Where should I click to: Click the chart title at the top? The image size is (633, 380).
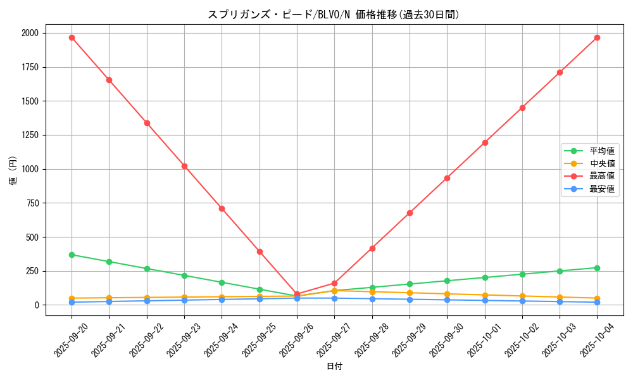tap(334, 15)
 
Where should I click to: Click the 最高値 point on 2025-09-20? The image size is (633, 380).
tap(72, 37)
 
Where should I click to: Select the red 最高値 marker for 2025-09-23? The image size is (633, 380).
tap(184, 166)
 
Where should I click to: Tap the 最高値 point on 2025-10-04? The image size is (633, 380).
tap(597, 37)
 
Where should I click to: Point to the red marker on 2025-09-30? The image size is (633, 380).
tap(447, 178)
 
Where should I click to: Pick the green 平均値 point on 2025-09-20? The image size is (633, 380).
tap(72, 255)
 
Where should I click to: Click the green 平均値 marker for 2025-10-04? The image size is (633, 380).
tap(597, 268)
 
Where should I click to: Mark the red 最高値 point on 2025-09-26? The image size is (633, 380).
tap(297, 294)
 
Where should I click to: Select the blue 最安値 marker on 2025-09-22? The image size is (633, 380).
tap(147, 301)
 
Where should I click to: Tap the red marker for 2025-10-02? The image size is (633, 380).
tap(522, 108)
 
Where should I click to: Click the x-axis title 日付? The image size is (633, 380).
tap(334, 367)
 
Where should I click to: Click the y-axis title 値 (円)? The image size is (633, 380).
tap(13, 171)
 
